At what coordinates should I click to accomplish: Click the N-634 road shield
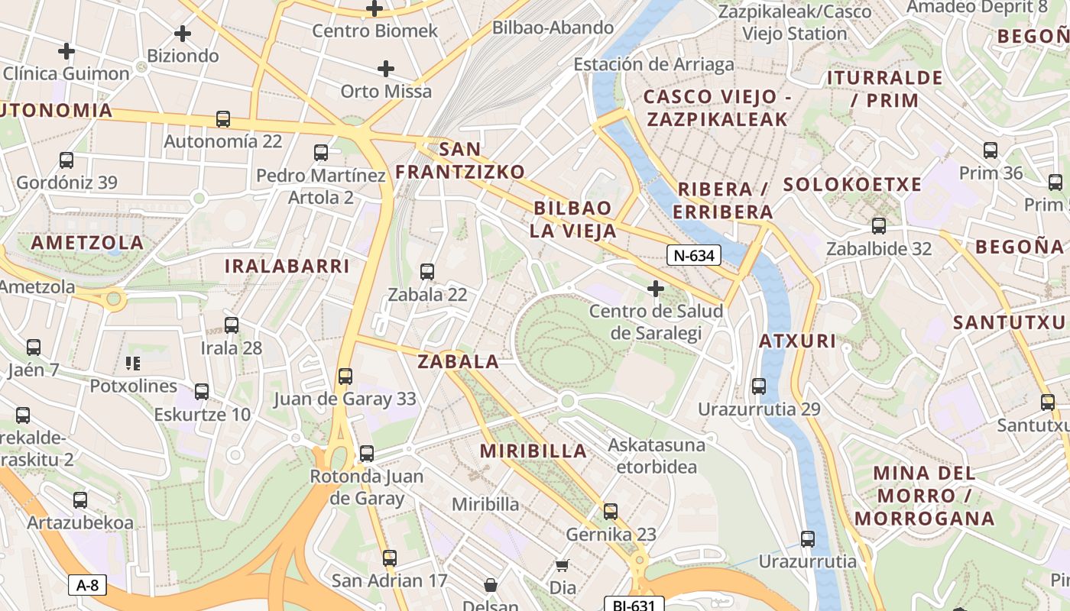[x=694, y=255]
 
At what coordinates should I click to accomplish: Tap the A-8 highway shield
[x=88, y=586]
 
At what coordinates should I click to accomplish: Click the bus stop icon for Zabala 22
[x=427, y=272]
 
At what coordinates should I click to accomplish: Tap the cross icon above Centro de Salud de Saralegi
[x=655, y=289]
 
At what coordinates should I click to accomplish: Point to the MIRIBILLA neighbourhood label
[x=533, y=451]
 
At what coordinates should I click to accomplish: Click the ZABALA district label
[x=458, y=361]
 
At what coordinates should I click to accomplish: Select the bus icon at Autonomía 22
[x=223, y=119]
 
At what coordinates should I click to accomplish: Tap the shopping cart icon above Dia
[x=563, y=566]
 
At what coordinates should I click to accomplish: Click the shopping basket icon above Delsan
[x=491, y=585]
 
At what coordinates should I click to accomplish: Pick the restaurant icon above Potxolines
[x=134, y=363]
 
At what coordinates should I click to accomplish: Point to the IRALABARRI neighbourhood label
[x=287, y=266]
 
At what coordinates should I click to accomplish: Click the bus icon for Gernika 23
[x=611, y=512]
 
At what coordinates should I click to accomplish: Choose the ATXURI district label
[x=797, y=341]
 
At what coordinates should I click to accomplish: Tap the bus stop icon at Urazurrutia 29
[x=759, y=386]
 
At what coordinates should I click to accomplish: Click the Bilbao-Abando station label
[x=553, y=27]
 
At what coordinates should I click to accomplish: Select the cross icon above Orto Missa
[x=386, y=69]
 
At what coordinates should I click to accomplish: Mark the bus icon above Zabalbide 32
[x=879, y=226]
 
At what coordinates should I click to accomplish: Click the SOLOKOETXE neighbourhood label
[x=852, y=184]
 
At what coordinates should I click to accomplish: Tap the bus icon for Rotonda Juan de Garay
[x=367, y=454]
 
